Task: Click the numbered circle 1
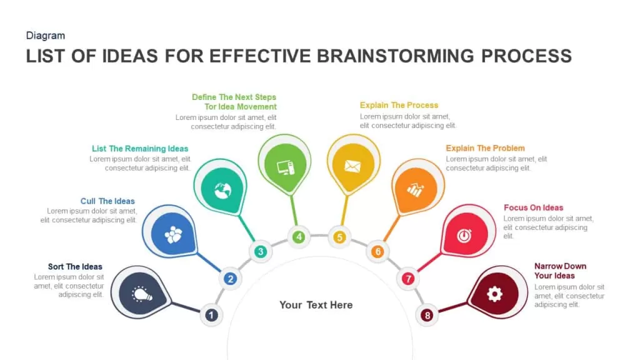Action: pyautogui.click(x=211, y=315)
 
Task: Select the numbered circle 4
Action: pyautogui.click(x=299, y=237)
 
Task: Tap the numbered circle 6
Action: pyautogui.click(x=377, y=251)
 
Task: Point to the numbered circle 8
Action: pyautogui.click(x=427, y=315)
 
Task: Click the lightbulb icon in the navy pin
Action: pyautogui.click(x=142, y=294)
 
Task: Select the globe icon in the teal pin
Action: pyautogui.click(x=223, y=190)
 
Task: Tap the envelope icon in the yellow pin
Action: pyautogui.click(x=352, y=166)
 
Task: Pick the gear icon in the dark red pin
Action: pyautogui.click(x=495, y=294)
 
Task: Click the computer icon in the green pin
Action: pyautogui.click(x=286, y=167)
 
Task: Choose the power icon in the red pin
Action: pyautogui.click(x=464, y=236)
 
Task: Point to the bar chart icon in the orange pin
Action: pyautogui.click(x=415, y=190)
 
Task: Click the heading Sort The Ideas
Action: pyautogui.click(x=75, y=266)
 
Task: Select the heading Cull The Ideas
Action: pyautogui.click(x=107, y=201)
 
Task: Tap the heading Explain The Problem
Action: pyautogui.click(x=485, y=148)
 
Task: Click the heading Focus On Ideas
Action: pyautogui.click(x=534, y=207)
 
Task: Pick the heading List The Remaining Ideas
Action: pyautogui.click(x=140, y=149)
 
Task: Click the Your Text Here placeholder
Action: pyautogui.click(x=316, y=305)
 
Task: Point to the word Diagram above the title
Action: pyautogui.click(x=45, y=36)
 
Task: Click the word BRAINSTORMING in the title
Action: pyautogui.click(x=396, y=56)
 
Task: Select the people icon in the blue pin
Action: pyautogui.click(x=173, y=235)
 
